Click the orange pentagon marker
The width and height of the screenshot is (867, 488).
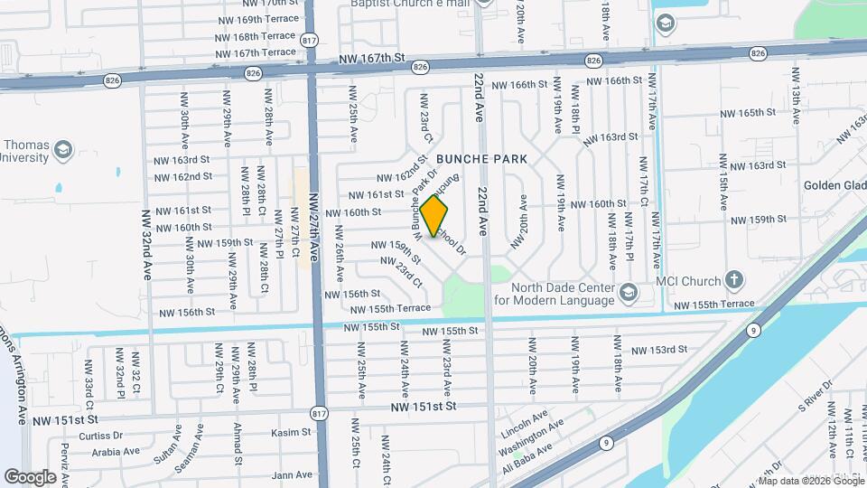[x=434, y=217]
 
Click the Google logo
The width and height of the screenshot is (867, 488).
[x=30, y=476]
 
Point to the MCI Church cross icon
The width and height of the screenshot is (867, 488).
[x=735, y=279]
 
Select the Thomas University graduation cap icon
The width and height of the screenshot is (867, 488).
[x=62, y=149]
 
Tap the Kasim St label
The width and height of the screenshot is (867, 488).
[x=291, y=433]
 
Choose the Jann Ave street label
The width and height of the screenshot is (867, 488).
[x=292, y=474]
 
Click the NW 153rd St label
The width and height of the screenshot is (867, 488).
[x=658, y=350]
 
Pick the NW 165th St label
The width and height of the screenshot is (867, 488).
[x=747, y=113]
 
